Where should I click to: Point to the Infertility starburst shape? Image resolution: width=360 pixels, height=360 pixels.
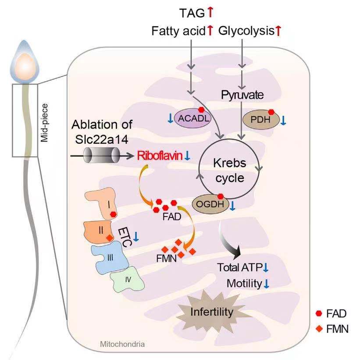(x=211, y=312)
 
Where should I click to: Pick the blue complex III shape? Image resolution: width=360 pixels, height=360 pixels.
(x=110, y=257)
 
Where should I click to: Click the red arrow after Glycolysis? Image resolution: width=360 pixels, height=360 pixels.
(x=278, y=31)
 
